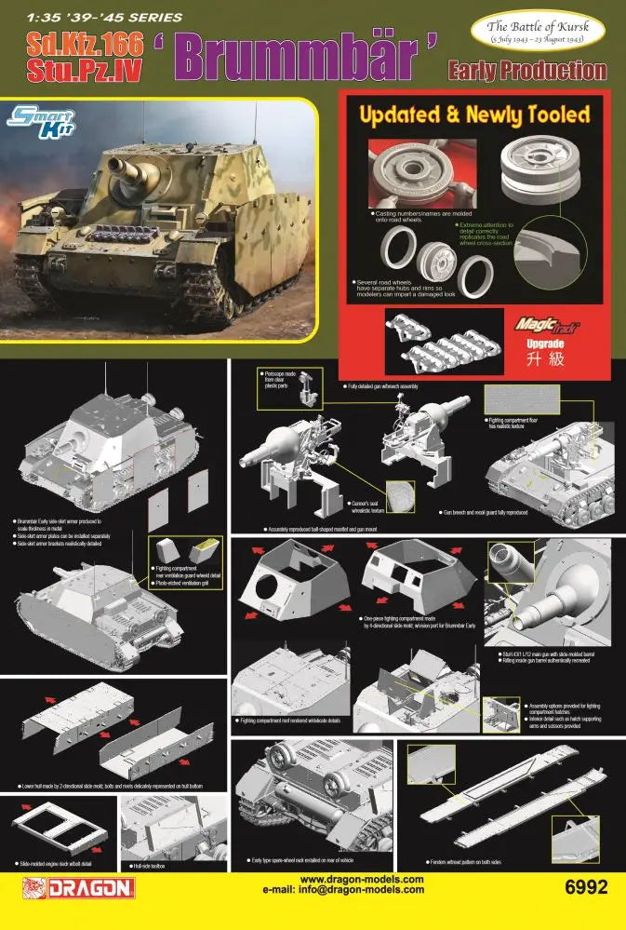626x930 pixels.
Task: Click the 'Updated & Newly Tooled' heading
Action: pyautogui.click(x=474, y=115)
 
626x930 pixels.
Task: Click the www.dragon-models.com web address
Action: pyautogui.click(x=362, y=879)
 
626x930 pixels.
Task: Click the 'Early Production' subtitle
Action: pyautogui.click(x=526, y=71)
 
